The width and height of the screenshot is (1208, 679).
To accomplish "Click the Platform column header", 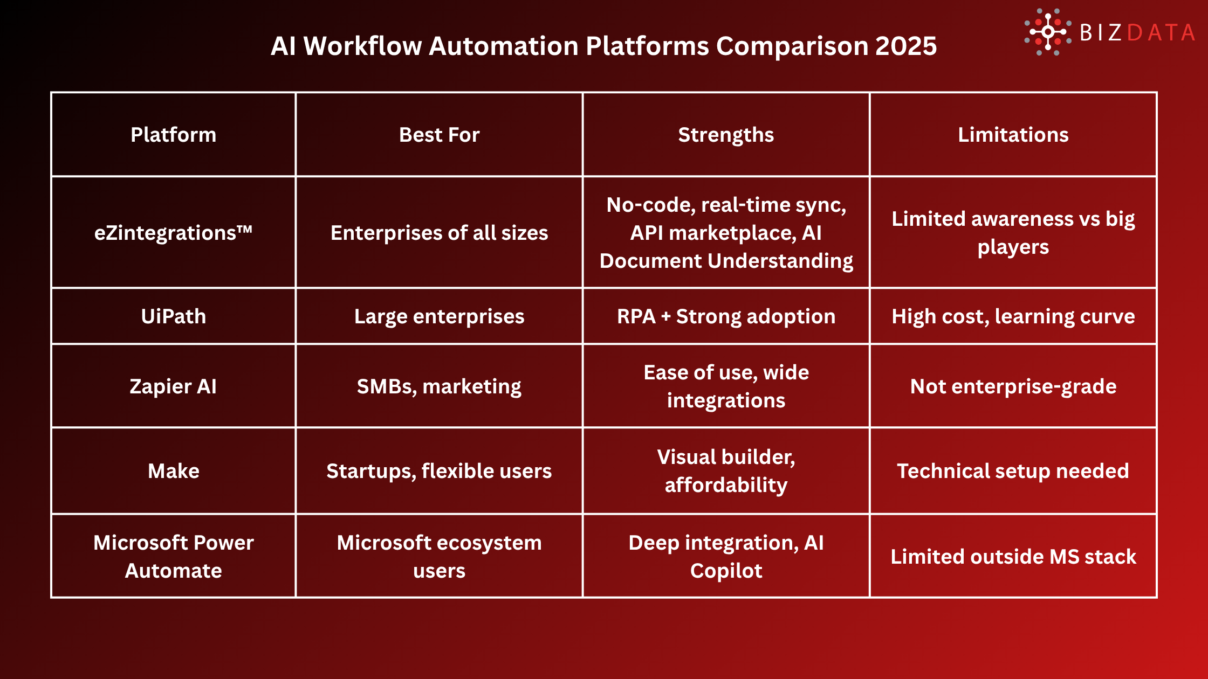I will point(173,135).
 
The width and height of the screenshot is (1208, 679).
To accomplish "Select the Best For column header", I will point(439,135).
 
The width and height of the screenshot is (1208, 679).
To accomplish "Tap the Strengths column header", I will point(726,135).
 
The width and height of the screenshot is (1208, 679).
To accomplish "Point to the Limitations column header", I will point(1013,135).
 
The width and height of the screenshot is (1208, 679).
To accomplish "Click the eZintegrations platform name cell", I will point(173,233).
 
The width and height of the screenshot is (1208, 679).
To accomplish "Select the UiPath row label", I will point(173,316).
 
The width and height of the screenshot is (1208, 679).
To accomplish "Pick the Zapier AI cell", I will point(173,386).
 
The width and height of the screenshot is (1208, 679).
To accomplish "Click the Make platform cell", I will point(173,471).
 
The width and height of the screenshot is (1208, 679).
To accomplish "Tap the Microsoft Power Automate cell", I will point(173,557).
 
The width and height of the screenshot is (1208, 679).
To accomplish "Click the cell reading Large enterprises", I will point(439,316).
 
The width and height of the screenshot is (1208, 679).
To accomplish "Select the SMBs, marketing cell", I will point(439,386).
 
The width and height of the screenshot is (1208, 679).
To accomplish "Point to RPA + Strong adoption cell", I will point(726,316).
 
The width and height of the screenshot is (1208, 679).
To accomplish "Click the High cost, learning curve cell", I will point(1013,316).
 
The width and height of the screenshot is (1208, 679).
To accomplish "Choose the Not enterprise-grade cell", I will point(1013,386).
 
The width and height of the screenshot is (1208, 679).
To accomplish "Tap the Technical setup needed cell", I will point(1013,471).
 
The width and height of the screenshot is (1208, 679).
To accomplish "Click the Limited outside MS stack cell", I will point(1013,557).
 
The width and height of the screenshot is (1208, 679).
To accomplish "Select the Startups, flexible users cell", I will point(439,471).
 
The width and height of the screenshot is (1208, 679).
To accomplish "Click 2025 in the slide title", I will point(906,46).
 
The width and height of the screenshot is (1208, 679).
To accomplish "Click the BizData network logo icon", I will point(1047,32).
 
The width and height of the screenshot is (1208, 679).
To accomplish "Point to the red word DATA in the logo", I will point(1161,33).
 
